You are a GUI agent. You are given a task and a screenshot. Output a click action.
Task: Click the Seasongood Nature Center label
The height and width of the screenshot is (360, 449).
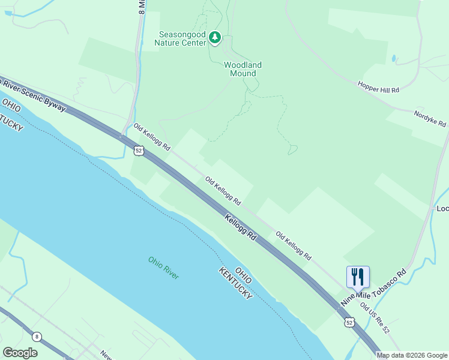179,38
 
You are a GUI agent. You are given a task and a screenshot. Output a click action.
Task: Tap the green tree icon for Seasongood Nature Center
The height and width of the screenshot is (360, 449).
215,38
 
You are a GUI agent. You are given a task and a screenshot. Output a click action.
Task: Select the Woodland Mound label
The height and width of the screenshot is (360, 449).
243,69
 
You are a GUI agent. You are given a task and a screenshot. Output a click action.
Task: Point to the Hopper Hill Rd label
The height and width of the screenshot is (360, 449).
378,87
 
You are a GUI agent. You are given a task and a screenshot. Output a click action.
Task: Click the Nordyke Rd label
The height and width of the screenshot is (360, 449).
430,118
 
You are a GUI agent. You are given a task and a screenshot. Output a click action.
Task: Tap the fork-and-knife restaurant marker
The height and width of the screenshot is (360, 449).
358,277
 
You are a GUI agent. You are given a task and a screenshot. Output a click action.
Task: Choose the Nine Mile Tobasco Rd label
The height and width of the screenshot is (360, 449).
374,289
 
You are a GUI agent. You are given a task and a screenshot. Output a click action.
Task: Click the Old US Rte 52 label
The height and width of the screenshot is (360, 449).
375,319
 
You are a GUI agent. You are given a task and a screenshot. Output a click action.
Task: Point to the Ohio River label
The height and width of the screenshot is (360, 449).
164,268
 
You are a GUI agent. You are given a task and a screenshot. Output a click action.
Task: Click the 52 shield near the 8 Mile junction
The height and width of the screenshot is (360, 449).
139,151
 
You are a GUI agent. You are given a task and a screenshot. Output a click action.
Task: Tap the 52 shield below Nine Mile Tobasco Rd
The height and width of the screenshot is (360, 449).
350,323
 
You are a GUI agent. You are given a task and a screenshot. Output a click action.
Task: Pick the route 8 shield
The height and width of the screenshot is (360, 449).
37,337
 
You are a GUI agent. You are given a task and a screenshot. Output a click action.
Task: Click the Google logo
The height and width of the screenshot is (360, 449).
20,352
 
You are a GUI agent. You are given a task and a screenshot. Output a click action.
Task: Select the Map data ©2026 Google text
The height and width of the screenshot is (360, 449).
412,355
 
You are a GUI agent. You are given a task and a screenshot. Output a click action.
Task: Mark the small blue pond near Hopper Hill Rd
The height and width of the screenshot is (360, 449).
394,59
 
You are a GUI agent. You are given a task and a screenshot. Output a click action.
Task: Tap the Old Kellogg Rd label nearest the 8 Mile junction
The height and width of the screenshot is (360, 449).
152,137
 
